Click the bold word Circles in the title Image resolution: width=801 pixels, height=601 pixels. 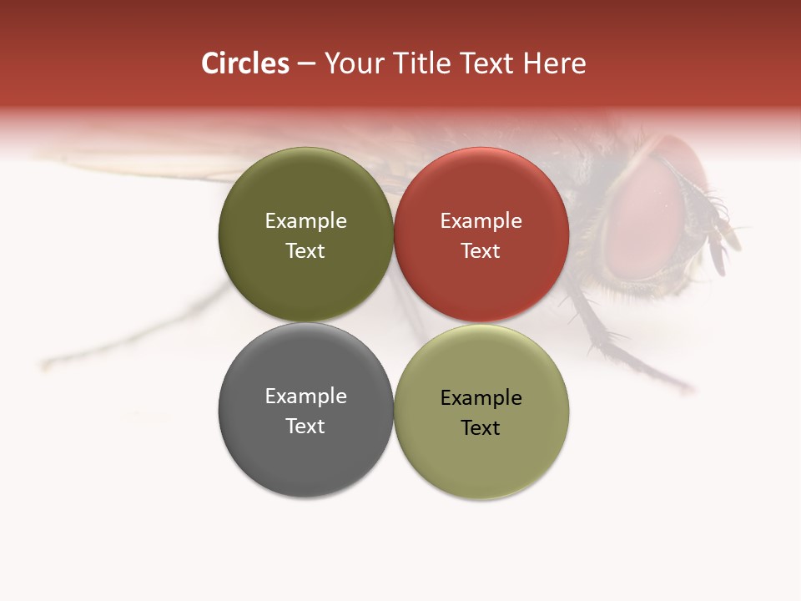coord(245,63)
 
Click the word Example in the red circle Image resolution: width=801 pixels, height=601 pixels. coord(481,221)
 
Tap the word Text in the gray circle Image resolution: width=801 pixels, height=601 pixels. coord(305,426)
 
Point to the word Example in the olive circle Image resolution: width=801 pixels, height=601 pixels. coord(305,221)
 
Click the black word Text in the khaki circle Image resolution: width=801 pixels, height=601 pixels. coord(481,428)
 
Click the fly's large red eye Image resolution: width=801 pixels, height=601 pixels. coord(647,217)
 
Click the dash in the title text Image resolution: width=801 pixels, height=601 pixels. coord(306,64)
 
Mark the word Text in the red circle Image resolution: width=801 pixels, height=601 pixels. coord(481,251)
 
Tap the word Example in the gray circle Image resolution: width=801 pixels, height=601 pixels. coord(305,396)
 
